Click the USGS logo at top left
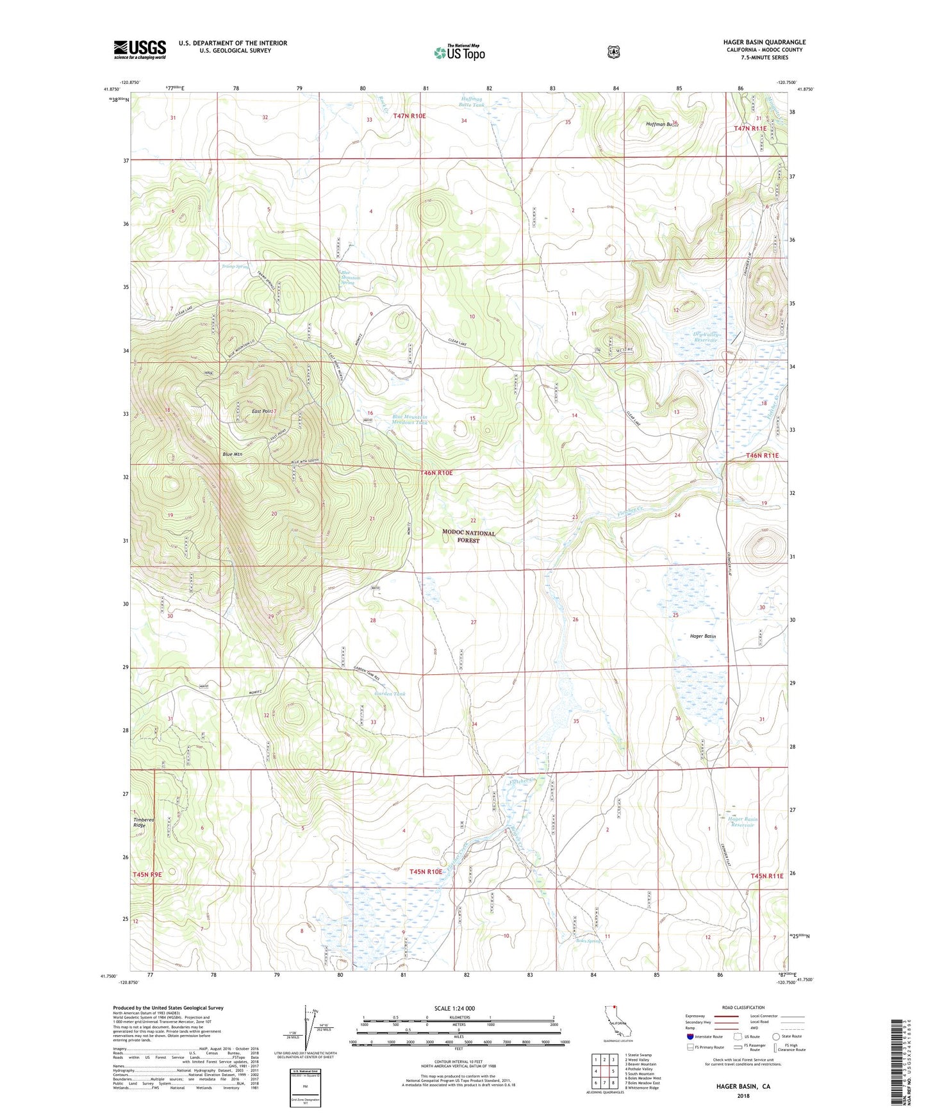click(x=140, y=49)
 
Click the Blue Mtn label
click(x=232, y=454)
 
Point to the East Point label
click(x=263, y=411)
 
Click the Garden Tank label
click(x=390, y=694)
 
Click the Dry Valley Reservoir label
click(x=706, y=338)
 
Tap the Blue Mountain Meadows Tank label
click(x=409, y=420)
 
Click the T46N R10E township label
click(x=436, y=473)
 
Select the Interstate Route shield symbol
click(x=690, y=1036)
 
